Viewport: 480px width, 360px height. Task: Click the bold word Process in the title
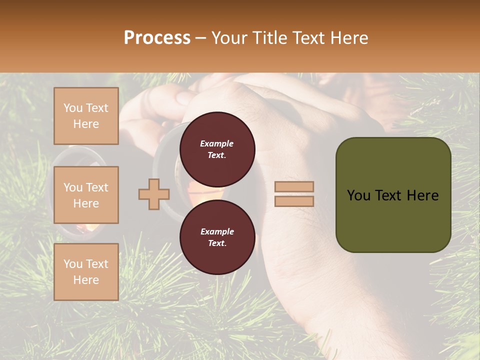pos(157,38)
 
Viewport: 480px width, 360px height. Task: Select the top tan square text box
pos(86,116)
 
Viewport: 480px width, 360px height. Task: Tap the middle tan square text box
pos(86,195)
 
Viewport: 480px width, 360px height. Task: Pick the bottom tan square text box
pos(86,272)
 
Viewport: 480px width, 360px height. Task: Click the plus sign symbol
pos(154,194)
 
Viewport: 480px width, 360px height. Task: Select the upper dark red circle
pos(217,149)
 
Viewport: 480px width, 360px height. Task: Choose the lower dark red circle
pos(217,237)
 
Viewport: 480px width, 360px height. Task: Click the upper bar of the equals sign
pos(294,186)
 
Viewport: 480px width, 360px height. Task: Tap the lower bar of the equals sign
pos(294,201)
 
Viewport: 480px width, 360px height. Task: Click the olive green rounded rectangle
pos(393,220)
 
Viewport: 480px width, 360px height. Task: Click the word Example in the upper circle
pos(217,143)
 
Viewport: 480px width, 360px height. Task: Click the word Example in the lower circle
pos(217,231)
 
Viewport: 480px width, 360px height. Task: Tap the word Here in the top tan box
pos(86,124)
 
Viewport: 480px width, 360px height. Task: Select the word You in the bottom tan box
pos(73,264)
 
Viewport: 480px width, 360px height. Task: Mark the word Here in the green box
pos(422,195)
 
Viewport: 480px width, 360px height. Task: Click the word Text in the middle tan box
pos(96,187)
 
